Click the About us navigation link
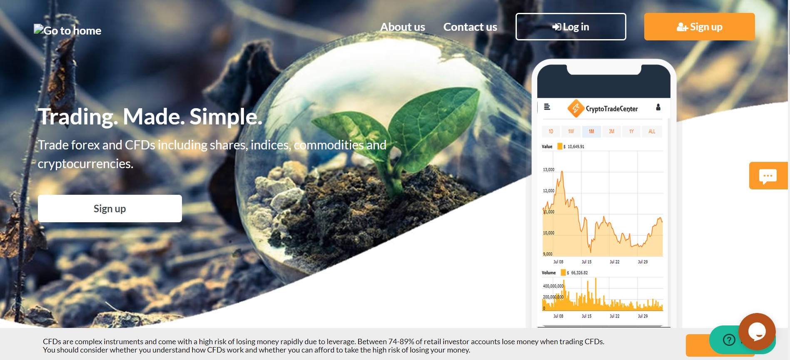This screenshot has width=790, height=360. point(402,27)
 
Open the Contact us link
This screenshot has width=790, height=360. point(470,27)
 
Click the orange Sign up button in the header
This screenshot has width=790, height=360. point(699,27)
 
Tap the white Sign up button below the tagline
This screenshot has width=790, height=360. point(110,209)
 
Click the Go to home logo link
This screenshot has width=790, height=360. point(67,30)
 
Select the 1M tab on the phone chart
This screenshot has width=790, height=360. point(591,132)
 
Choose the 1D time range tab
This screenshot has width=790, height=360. point(551,132)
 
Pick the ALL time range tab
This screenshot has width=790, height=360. point(652,132)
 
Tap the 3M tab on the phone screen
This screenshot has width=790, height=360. point(611,132)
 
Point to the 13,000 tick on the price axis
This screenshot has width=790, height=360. point(548,170)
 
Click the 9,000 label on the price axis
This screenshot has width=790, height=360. point(548,254)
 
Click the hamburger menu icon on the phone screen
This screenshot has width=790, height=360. point(547,107)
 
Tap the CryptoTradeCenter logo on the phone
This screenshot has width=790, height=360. point(603,109)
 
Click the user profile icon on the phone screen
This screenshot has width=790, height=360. point(658,107)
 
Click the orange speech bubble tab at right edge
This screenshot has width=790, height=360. point(768,176)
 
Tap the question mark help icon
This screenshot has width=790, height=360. point(729,340)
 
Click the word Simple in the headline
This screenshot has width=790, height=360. point(226,117)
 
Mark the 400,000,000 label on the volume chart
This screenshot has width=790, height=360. point(553,286)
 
